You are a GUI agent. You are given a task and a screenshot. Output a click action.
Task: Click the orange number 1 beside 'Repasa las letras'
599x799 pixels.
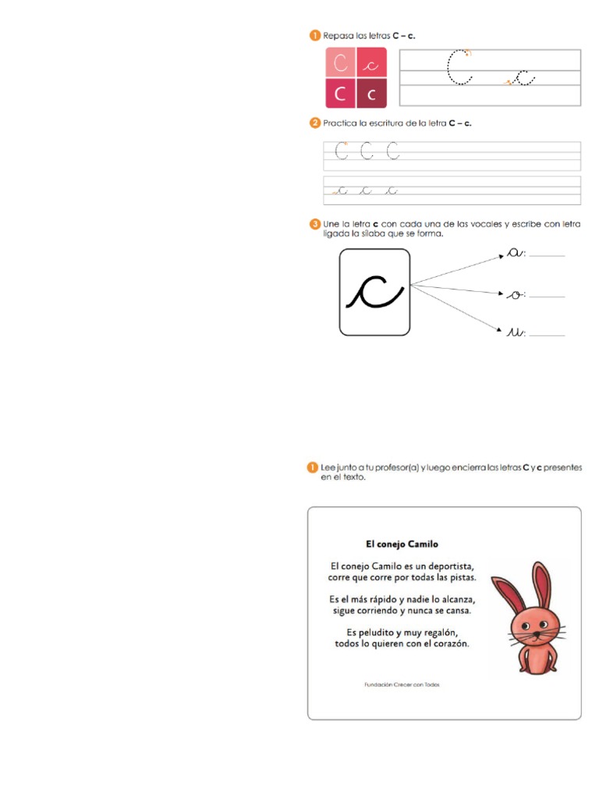[x=314, y=35]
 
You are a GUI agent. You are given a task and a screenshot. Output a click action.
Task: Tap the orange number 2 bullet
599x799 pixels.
[x=314, y=123]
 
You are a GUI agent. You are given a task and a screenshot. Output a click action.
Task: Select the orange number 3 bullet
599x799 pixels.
[x=314, y=225]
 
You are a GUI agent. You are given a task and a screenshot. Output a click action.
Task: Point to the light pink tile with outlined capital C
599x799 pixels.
[x=340, y=63]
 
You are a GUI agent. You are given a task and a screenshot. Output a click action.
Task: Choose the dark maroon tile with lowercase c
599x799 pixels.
[x=371, y=93]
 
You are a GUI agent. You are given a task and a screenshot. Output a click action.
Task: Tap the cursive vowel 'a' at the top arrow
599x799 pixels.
[x=514, y=252]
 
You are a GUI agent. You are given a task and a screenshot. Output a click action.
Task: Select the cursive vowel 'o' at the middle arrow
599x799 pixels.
[x=514, y=294]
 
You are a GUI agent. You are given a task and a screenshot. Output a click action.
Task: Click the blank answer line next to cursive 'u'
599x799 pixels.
[x=547, y=335]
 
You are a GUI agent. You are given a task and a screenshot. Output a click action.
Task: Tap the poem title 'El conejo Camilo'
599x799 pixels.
[x=402, y=544]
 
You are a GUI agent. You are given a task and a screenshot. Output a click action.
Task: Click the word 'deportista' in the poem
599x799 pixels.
[x=448, y=566]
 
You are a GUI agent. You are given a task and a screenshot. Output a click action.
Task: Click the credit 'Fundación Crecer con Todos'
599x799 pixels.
[x=402, y=684]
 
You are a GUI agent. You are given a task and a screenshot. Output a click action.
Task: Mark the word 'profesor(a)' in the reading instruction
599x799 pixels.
[x=395, y=467]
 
